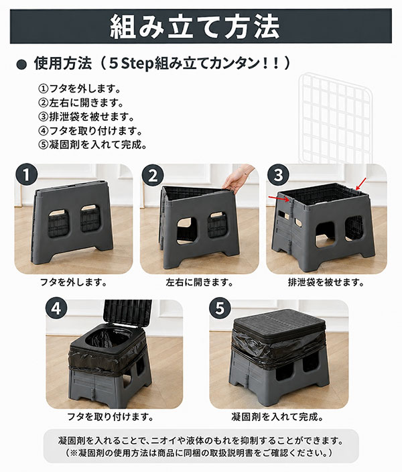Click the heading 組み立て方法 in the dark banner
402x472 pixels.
click(x=195, y=27)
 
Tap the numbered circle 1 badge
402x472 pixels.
click(x=27, y=175)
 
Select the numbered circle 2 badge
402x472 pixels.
click(x=153, y=175)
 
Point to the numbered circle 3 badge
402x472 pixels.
click(x=278, y=174)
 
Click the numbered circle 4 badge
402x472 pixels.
click(x=56, y=308)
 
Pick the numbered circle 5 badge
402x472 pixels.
click(x=220, y=308)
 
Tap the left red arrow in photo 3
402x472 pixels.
click(x=278, y=198)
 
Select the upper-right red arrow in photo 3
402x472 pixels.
click(x=361, y=184)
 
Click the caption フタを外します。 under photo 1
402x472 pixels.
click(x=74, y=282)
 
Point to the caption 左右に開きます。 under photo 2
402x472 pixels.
click(x=200, y=282)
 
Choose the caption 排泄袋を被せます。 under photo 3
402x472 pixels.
click(x=326, y=282)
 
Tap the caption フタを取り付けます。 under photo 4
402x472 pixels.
click(x=110, y=417)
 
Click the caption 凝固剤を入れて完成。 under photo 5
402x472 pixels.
click(x=277, y=417)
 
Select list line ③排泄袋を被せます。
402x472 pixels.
click(x=86, y=117)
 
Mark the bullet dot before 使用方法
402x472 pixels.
click(x=21, y=65)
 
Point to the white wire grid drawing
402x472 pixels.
click(x=336, y=119)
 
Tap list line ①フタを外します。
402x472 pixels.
click(x=80, y=88)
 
